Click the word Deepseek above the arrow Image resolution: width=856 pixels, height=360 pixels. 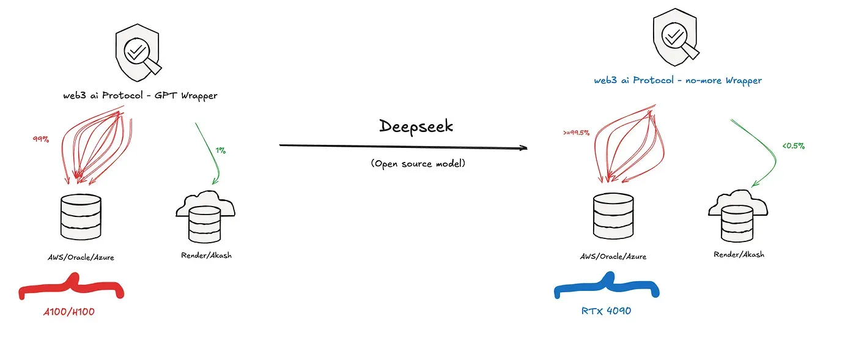(x=416, y=127)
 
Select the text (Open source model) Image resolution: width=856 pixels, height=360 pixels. (x=418, y=164)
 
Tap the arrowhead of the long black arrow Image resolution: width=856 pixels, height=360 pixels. (x=523, y=148)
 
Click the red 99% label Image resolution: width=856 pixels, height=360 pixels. (x=41, y=139)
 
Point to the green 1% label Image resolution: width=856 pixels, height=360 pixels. (x=221, y=150)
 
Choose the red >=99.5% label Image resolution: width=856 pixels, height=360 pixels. (x=576, y=133)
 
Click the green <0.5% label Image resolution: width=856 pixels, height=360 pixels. (x=794, y=145)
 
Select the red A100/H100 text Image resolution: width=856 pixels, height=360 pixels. (x=68, y=312)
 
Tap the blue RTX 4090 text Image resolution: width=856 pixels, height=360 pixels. (x=606, y=310)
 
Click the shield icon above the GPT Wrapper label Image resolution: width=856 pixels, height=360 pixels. (x=138, y=53)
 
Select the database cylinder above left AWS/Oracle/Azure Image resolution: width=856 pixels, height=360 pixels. (x=81, y=217)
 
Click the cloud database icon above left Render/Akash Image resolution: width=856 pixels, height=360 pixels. (x=205, y=217)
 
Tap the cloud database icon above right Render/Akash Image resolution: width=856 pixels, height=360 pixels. (x=738, y=216)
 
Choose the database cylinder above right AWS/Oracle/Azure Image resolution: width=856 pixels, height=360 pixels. (x=613, y=216)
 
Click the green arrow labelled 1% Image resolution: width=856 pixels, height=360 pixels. (x=213, y=153)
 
